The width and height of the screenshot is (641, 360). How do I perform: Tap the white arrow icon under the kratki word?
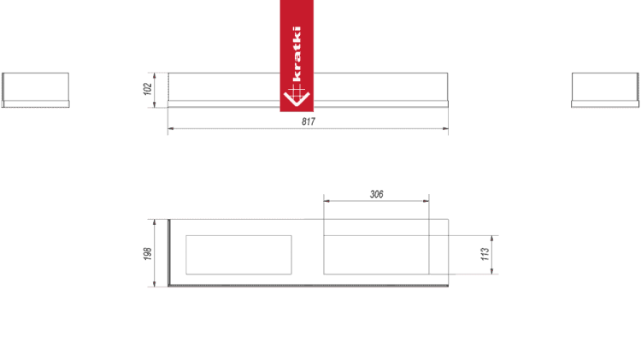tap(296, 97)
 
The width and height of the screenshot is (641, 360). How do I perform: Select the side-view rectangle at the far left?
tap(35, 88)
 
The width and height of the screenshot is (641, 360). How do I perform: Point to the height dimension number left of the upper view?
tap(147, 88)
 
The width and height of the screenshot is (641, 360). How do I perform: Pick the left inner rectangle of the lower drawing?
tap(238, 254)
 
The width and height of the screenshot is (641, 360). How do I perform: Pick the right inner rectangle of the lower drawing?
tap(375, 254)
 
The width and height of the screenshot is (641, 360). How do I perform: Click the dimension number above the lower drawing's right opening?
tap(376, 195)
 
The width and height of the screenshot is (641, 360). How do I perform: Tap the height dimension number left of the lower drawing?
tap(147, 252)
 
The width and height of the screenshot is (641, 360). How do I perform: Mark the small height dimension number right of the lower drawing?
tap(484, 254)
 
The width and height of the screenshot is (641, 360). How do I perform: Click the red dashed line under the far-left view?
tap(35, 108)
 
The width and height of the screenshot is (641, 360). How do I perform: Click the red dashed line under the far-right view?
tap(604, 108)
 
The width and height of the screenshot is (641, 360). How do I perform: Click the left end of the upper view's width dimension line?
tap(169, 131)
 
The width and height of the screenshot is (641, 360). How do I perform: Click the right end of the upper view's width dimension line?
tap(446, 131)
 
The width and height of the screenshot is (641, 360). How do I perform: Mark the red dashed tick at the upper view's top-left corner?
tap(156, 74)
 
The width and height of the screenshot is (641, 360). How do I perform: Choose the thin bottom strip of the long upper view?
tap(308, 104)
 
